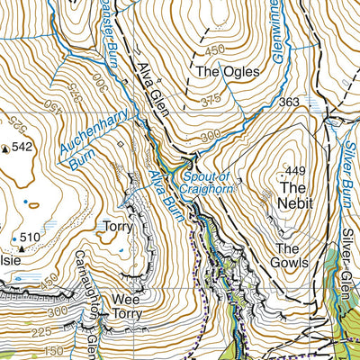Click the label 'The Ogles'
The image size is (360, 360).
[229, 69]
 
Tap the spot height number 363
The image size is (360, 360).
[289, 103]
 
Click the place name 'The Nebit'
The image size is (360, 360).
[295, 195]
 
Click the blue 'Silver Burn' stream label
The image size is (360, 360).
[350, 145]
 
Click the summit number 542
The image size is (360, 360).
[22, 147]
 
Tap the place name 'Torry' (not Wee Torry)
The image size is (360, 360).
[117, 227]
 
